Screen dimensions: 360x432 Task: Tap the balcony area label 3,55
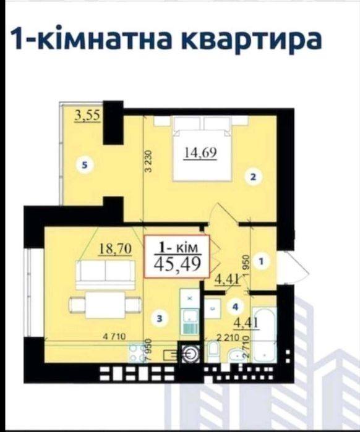point(87,116)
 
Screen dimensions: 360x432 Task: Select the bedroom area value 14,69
point(200,153)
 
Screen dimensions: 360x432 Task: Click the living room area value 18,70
point(115,249)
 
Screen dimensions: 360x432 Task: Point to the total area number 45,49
point(177,265)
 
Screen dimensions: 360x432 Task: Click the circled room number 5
point(85,165)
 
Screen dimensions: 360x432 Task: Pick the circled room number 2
point(254,177)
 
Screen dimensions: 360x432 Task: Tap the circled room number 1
point(261,261)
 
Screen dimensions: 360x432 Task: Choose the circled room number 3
point(160,319)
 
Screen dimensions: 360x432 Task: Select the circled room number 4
point(235,307)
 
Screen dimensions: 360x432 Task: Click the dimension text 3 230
point(148,161)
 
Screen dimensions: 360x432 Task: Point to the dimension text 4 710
point(114,336)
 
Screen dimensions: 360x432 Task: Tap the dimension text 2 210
point(228,337)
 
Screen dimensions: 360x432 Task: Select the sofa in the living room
point(106,274)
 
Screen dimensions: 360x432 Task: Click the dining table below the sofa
point(105,305)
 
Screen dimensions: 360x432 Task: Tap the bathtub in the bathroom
point(264,335)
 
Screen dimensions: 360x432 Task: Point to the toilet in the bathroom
point(213,351)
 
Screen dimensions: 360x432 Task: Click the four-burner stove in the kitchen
point(136,352)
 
